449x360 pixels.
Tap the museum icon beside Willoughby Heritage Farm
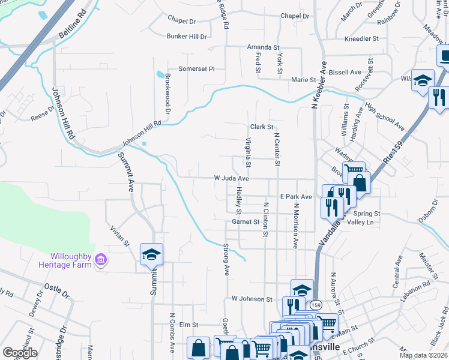101,260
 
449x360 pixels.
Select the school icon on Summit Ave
152,254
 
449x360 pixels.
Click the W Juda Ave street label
231,178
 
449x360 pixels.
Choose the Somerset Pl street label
195,69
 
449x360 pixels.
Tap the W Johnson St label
252,299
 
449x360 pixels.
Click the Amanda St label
264,47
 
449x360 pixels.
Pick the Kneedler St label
361,38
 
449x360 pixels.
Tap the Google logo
20,352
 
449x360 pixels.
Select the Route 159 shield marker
316,305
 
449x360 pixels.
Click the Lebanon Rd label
419,292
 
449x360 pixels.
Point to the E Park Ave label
295,197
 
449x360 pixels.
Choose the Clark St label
262,127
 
